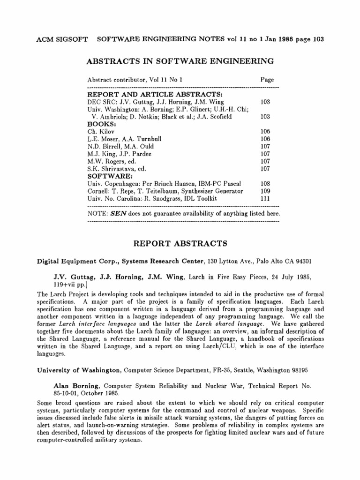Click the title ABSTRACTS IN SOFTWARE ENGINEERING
(180, 61)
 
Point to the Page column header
(267, 80)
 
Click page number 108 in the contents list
(265, 184)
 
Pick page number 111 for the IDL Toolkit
(265, 199)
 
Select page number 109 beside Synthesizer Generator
(265, 191)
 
